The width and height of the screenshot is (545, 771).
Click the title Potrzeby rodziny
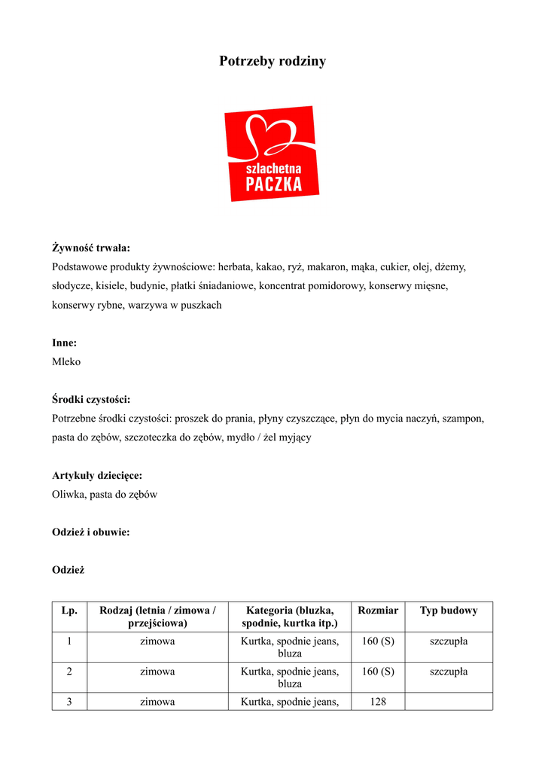click(272, 61)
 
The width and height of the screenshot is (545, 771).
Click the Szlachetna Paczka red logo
click(272, 154)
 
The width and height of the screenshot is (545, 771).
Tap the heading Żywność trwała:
click(91, 248)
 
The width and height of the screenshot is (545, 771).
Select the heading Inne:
click(65, 343)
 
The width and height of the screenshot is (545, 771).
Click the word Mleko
click(66, 361)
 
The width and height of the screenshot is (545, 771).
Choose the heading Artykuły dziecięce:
click(97, 476)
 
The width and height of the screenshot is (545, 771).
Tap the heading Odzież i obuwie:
click(91, 532)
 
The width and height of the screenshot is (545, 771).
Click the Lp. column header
click(69, 611)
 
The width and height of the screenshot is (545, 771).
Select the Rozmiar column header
click(378, 611)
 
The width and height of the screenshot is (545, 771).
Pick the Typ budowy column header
click(449, 611)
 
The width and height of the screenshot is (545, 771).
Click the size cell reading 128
click(378, 702)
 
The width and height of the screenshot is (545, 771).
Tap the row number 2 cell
click(69, 672)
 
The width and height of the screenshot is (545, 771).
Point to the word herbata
click(236, 267)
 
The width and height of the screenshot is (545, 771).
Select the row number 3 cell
click(69, 702)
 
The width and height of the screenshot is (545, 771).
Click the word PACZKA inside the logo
click(274, 184)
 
